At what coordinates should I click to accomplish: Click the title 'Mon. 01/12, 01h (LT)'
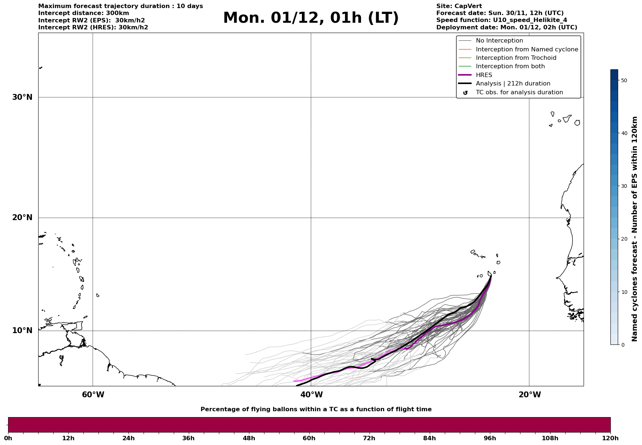[x=311, y=18]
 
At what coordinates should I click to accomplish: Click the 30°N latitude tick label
[x=22, y=97]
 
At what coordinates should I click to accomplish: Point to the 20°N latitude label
[x=22, y=218]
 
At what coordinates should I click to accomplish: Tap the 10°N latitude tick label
[x=22, y=331]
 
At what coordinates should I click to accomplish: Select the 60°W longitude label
[x=93, y=395]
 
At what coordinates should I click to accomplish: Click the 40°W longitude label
[x=311, y=395]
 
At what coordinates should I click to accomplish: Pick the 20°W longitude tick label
[x=530, y=395]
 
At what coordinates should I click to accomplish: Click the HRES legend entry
[x=484, y=75]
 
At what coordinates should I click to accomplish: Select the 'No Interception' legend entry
[x=499, y=41]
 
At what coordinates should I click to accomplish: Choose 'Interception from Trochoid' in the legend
[x=516, y=58]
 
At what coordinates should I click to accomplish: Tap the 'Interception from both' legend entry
[x=510, y=66]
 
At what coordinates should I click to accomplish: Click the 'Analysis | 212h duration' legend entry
[x=513, y=84]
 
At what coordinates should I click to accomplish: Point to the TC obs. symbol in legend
[x=465, y=93]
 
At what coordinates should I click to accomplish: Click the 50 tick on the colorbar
[x=624, y=80]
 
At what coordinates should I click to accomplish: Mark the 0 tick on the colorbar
[x=623, y=345]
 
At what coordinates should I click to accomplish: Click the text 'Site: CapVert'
[x=459, y=6]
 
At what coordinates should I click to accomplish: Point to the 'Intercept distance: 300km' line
[x=83, y=13]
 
